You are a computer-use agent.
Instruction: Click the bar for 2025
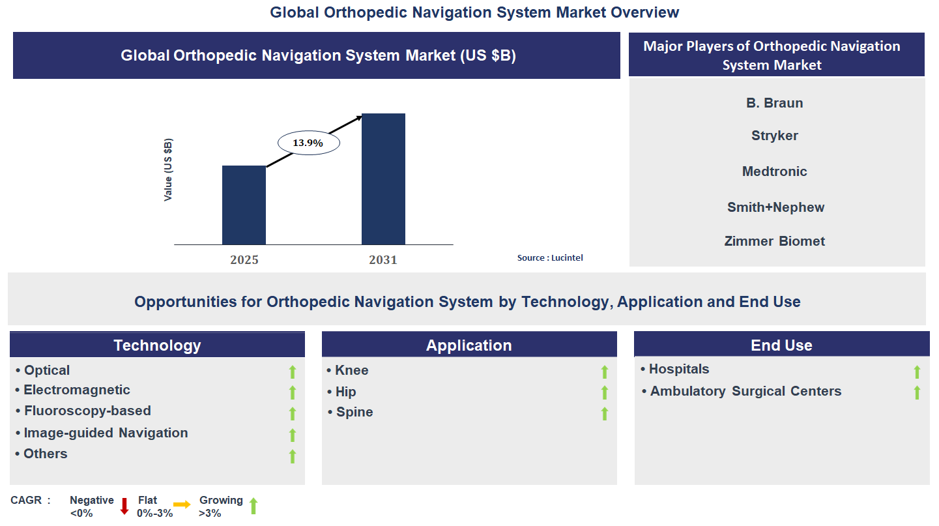click(244, 205)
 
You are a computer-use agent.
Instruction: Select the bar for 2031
click(383, 179)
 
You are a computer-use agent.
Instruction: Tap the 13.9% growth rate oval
click(308, 143)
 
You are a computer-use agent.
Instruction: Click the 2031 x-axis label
click(383, 260)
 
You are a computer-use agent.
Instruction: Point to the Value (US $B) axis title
click(168, 169)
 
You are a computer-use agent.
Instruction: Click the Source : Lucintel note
click(550, 258)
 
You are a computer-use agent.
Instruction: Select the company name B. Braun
click(774, 103)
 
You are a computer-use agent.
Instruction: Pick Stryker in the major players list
click(774, 136)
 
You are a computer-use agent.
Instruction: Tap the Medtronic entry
click(774, 171)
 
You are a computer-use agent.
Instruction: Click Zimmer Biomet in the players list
click(774, 241)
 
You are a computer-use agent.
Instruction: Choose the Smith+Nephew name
click(775, 207)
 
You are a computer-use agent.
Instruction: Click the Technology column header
click(157, 345)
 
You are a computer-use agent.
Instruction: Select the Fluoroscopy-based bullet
click(87, 411)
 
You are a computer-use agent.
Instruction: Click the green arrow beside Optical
click(293, 372)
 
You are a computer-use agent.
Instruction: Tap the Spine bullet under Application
click(354, 412)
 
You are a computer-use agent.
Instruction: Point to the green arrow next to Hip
click(604, 392)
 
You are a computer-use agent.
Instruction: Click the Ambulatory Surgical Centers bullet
click(745, 391)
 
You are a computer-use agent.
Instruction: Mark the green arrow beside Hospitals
click(917, 372)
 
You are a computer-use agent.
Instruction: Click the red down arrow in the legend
click(124, 506)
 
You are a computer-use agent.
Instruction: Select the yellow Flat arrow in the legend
click(182, 504)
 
